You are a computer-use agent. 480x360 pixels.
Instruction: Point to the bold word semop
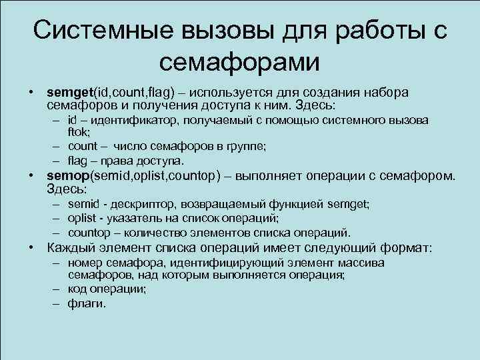68,176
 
